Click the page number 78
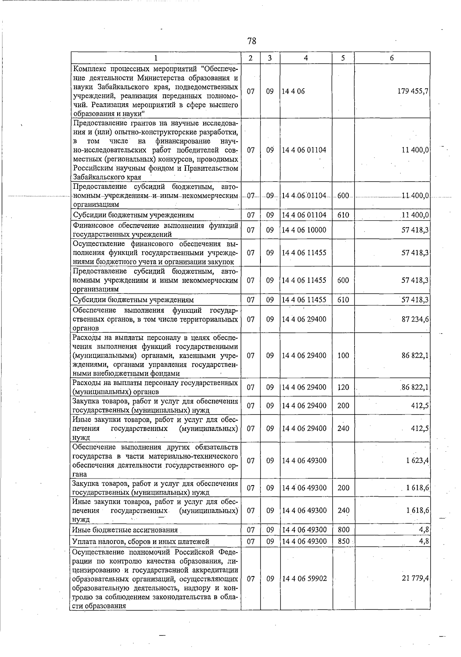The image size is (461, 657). click(x=252, y=41)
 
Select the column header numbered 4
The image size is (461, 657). click(x=305, y=58)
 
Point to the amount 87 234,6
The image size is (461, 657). click(x=415, y=319)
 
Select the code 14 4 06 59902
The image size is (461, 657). click(x=304, y=578)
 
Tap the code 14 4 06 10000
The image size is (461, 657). click(x=304, y=230)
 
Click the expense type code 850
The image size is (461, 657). click(x=343, y=541)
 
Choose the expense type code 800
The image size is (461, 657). click(x=343, y=530)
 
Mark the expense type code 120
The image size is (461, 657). click(x=343, y=387)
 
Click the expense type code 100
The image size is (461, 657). click(x=343, y=355)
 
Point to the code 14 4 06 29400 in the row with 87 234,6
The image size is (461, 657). click(x=304, y=319)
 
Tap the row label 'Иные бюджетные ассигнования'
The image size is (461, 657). click(x=125, y=530)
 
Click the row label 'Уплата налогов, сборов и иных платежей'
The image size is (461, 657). click(x=141, y=542)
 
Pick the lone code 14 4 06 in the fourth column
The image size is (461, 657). click(x=293, y=91)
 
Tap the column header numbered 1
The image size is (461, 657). click(x=155, y=58)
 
